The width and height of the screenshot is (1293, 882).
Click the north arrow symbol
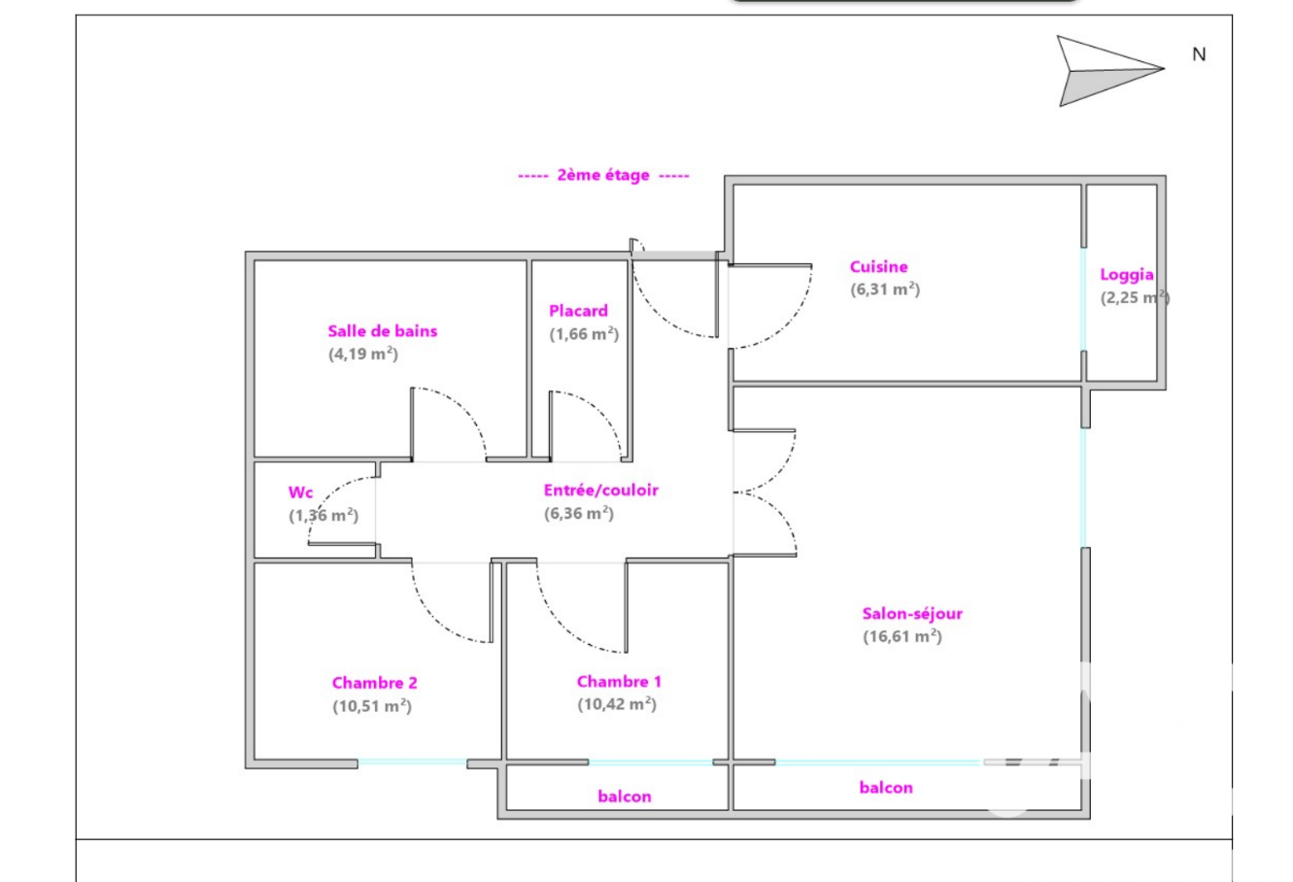(1109, 71)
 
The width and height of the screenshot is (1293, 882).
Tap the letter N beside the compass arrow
(1199, 54)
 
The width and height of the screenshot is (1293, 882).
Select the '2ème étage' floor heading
(603, 175)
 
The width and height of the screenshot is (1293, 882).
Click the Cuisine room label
(878, 267)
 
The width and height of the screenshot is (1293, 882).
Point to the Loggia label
(1127, 275)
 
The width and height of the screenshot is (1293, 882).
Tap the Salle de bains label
(382, 330)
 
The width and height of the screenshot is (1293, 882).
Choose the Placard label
(578, 311)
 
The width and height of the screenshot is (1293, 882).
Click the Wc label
(300, 492)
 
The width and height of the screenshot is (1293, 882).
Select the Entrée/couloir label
(601, 491)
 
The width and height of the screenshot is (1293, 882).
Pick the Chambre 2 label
(375, 683)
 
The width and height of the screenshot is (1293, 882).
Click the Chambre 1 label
(619, 682)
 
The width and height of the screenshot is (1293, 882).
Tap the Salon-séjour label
(912, 614)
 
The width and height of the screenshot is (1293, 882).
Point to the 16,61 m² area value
(902, 636)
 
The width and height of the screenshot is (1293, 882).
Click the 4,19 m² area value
(363, 354)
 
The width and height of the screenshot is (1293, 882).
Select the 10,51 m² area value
(372, 706)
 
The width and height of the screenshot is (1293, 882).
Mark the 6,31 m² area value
(885, 289)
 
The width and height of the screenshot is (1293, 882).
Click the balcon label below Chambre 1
(625, 797)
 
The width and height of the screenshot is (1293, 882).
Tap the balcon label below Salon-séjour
(886, 788)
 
